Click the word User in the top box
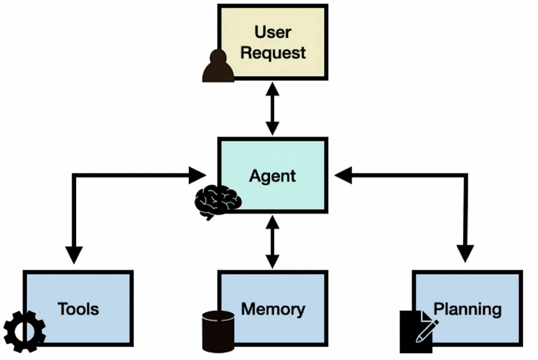pyautogui.click(x=272, y=31)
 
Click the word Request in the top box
pyautogui.click(x=272, y=52)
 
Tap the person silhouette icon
pyautogui.click(x=218, y=67)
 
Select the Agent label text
pyautogui.click(x=272, y=176)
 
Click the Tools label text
pyautogui.click(x=78, y=309)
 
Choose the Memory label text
pyautogui.click(x=272, y=309)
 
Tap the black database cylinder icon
pyautogui.click(x=219, y=331)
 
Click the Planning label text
pyautogui.click(x=467, y=309)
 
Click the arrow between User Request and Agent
pyautogui.click(x=272, y=108)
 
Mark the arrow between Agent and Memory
pyautogui.click(x=272, y=242)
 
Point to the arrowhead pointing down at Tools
pyautogui.click(x=74, y=254)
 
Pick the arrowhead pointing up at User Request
pyautogui.click(x=272, y=88)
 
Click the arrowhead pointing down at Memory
pyautogui.click(x=272, y=261)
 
